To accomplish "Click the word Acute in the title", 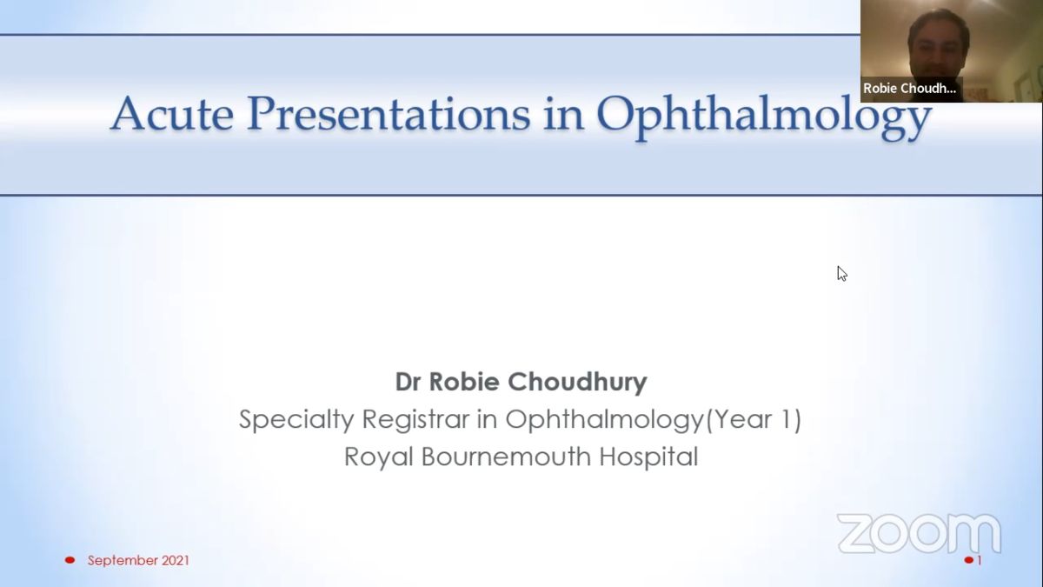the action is point(172,114).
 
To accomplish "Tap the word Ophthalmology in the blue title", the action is point(764,117).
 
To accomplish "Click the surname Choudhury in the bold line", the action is point(577,383).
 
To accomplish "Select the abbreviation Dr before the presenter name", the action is point(408,382).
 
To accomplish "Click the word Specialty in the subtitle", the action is point(296,420).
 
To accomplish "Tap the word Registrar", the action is point(415,419).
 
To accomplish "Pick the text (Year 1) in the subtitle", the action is point(754,419).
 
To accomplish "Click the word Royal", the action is point(379,457).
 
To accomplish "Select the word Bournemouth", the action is point(506,457).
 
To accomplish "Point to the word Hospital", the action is point(648,457).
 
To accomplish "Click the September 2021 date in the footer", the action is point(138,560).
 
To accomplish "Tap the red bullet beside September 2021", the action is point(70,560).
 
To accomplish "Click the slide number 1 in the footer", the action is point(980,560).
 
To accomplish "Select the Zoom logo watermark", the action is point(920,533).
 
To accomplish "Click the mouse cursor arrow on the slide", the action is point(842,274).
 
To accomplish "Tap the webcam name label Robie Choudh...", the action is point(909,89).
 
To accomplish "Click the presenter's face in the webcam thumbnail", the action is point(937,49).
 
